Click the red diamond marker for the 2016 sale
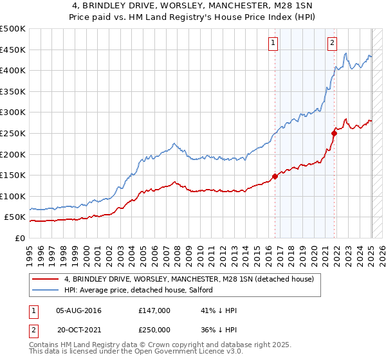(275, 175)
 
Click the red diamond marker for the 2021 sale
(335, 133)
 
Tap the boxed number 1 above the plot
(273, 43)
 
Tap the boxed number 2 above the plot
(332, 43)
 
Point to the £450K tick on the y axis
(14, 50)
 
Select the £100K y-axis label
(14, 196)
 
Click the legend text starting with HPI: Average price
(142, 291)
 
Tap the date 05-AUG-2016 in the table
(78, 310)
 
